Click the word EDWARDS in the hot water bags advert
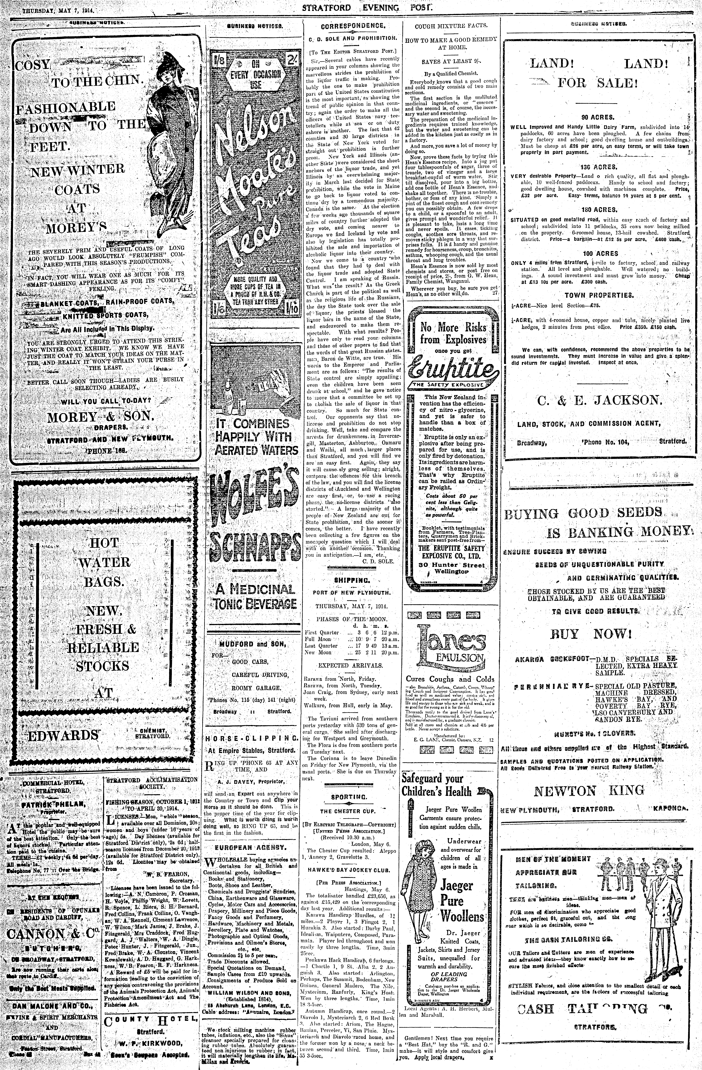click(x=63, y=736)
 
